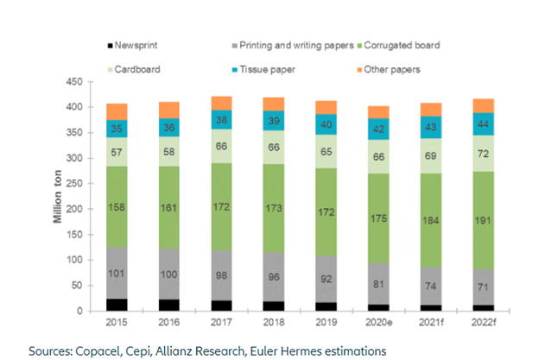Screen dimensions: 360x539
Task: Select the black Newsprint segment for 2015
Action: [x=117, y=304]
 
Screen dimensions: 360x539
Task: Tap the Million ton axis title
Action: [x=59, y=197]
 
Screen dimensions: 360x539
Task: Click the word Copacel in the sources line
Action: [x=102, y=351]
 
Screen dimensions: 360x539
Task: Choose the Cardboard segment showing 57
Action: [x=117, y=151]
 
